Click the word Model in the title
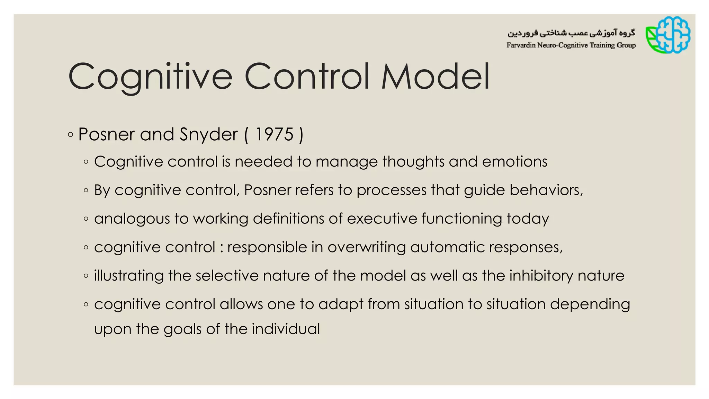click(436, 77)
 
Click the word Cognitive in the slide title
click(150, 77)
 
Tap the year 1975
click(275, 134)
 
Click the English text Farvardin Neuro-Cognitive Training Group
click(571, 45)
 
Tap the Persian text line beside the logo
click(571, 33)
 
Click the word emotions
click(514, 162)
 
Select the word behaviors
click(546, 190)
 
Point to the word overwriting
click(367, 247)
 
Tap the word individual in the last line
click(286, 329)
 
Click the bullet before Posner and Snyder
click(71, 135)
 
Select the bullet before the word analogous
click(86, 219)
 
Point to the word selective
click(227, 276)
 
